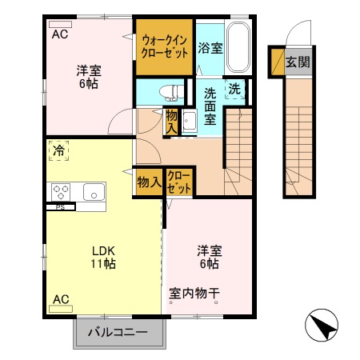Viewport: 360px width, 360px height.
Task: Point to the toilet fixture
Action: pos(167,91)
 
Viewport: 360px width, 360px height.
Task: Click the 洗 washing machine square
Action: pos(236,89)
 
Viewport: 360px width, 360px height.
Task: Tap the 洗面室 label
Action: pos(210,106)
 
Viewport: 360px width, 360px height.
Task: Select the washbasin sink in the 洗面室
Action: pos(190,121)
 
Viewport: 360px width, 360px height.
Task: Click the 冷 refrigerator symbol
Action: pos(59,150)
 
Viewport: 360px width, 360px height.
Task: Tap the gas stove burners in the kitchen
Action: pos(62,191)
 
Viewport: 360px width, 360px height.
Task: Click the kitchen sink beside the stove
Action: pos(93,191)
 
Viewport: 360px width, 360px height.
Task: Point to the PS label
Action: pos(60,207)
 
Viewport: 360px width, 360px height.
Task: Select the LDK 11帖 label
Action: pos(102,255)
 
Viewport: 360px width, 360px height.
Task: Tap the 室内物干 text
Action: pos(194,293)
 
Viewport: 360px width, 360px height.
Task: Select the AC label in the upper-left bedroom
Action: pos(60,34)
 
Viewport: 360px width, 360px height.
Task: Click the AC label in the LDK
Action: pos(61,299)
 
